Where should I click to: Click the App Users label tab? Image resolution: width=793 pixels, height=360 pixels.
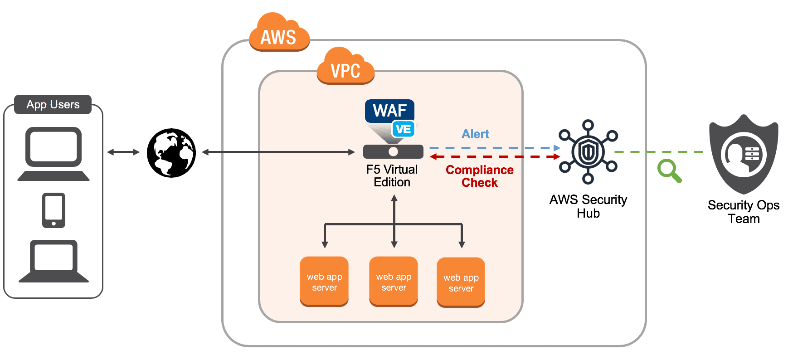tap(53, 104)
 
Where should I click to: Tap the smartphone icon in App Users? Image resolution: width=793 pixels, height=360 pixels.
tap(54, 210)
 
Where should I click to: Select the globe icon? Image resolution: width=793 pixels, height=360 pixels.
tap(171, 153)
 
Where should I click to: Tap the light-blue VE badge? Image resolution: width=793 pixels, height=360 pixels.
tap(403, 129)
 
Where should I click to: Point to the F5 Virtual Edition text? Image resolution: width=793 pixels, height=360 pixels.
tap(392, 176)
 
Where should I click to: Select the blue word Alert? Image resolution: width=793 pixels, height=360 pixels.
tap(475, 134)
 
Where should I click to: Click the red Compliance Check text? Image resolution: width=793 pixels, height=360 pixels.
tap(480, 176)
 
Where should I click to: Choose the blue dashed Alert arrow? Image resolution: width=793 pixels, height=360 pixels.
tap(494, 148)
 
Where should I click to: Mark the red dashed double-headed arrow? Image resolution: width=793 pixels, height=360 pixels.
tap(494, 157)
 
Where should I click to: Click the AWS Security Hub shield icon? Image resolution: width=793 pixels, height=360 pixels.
tap(588, 152)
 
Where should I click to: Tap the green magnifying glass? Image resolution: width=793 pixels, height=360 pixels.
tap(669, 171)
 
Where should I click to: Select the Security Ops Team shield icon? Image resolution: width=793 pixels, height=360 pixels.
tap(744, 154)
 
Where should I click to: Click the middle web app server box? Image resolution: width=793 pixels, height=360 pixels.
tap(394, 282)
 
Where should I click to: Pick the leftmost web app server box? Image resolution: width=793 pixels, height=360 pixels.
tap(324, 282)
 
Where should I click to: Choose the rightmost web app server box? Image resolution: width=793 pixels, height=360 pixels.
tap(461, 282)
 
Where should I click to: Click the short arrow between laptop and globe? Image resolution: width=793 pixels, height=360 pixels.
tap(123, 152)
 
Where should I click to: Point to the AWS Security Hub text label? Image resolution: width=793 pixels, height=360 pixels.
tap(588, 206)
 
